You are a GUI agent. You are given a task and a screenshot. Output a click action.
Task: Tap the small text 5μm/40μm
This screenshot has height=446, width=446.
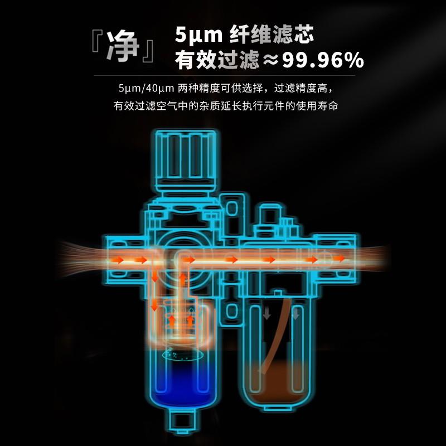point(146,88)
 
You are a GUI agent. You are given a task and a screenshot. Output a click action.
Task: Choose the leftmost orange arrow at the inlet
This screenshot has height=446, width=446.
point(117,260)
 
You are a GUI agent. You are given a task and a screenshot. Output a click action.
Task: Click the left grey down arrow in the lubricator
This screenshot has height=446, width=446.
point(267,313)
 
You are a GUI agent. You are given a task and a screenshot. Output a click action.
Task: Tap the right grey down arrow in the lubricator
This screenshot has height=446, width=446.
point(295,313)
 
